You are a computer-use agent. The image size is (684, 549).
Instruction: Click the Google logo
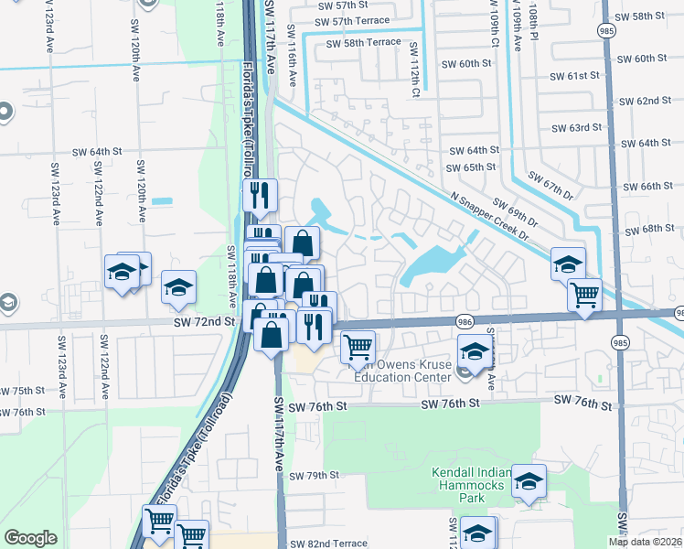(30, 538)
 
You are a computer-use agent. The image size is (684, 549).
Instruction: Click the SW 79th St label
(315, 476)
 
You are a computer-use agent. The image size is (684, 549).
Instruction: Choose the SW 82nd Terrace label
(333, 544)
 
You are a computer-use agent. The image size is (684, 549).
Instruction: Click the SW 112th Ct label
(414, 69)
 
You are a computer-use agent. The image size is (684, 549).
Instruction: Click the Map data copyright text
(645, 542)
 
